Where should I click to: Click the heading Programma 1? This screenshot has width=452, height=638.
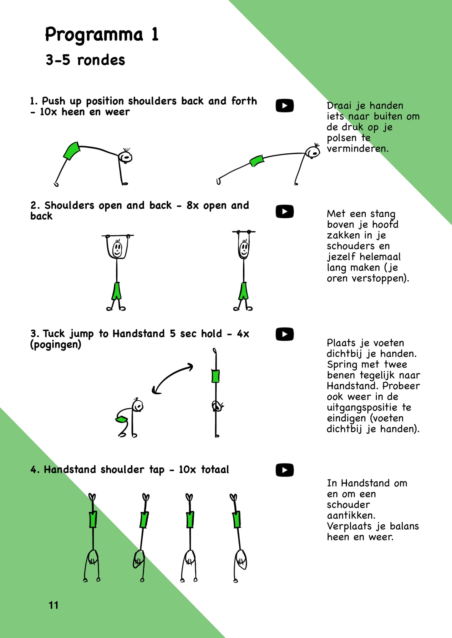point(102,35)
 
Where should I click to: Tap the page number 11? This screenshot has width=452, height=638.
point(53,606)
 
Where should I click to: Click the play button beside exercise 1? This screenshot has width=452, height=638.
point(284,106)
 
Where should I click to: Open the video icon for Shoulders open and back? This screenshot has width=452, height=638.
point(284,211)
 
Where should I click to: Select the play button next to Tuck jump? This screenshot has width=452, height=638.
point(284,334)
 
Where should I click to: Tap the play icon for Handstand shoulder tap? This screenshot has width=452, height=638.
point(284,470)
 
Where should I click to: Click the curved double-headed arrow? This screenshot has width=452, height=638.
point(172,378)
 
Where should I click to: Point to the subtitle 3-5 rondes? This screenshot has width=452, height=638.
point(85,60)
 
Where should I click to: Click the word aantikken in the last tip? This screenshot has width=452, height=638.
point(350,515)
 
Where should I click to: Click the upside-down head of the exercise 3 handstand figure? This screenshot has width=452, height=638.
point(216,406)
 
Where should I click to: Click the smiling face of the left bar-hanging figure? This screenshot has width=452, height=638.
point(117,249)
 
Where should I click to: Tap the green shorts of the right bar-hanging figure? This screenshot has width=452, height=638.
point(244,291)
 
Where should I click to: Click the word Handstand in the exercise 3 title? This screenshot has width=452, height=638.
point(138,334)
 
